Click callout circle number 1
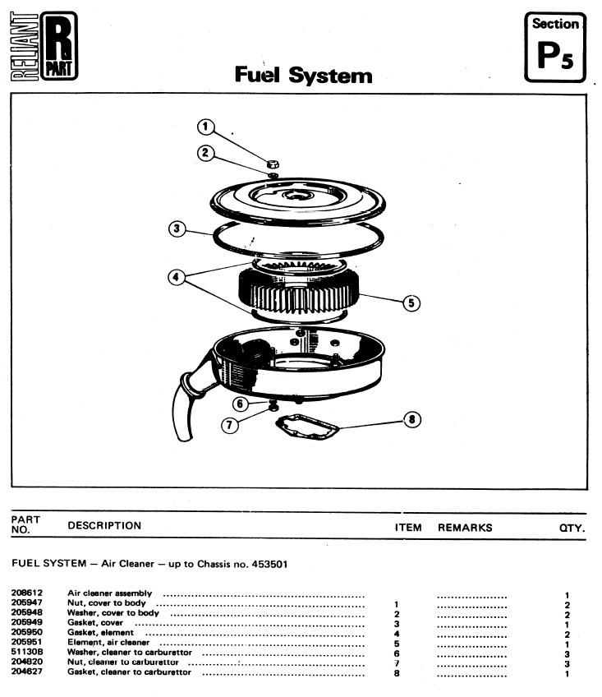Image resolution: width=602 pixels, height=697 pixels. click(206, 127)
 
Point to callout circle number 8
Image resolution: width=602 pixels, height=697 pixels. click(412, 420)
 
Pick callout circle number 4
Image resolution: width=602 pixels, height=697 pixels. click(175, 277)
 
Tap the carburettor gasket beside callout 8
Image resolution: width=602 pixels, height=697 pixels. click(307, 428)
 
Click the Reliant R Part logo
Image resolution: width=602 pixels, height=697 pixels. click(47, 47)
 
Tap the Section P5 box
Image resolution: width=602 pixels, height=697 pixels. click(555, 46)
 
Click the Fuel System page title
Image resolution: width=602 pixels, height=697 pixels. click(303, 76)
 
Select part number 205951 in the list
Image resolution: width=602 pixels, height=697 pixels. click(27, 642)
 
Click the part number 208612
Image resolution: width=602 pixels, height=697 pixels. click(27, 593)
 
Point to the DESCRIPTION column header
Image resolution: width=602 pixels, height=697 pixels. click(104, 526)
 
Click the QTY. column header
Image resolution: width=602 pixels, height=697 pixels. click(572, 528)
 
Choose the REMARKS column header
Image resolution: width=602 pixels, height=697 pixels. click(465, 528)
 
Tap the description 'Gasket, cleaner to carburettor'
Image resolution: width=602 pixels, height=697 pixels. click(129, 672)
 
